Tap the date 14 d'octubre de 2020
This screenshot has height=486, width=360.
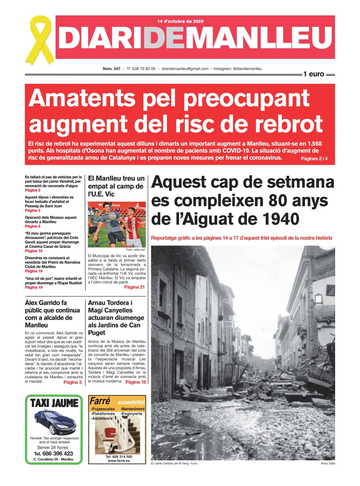(x=180, y=21)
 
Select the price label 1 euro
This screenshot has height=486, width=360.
(x=314, y=74)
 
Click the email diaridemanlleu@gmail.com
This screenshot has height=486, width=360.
(x=185, y=69)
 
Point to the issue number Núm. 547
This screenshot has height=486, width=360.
(x=111, y=69)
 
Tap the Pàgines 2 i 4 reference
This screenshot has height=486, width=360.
(x=314, y=159)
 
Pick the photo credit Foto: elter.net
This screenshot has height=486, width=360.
(x=135, y=250)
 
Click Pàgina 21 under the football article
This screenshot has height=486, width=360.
(x=134, y=287)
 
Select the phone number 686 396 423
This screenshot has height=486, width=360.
(x=57, y=453)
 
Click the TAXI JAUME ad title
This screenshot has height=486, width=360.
(x=54, y=403)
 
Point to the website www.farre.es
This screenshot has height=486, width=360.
(x=119, y=460)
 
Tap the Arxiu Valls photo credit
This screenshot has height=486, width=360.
(x=328, y=463)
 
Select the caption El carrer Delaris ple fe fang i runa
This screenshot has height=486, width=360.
(x=174, y=463)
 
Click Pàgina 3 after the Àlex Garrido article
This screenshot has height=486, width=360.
(x=73, y=382)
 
